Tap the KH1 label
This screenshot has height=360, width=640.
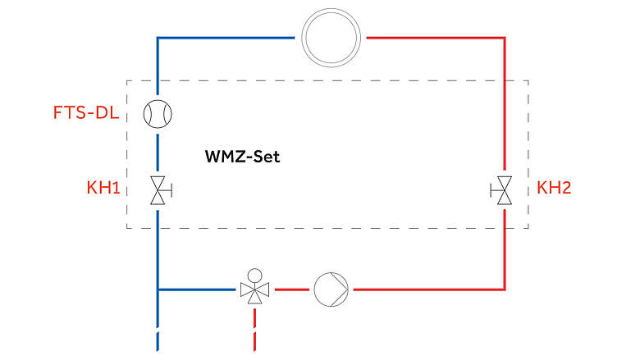pyautogui.click(x=104, y=189)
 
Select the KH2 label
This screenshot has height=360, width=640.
pyautogui.click(x=554, y=189)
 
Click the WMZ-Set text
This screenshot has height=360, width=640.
pyautogui.click(x=242, y=156)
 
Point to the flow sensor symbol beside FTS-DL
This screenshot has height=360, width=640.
pyautogui.click(x=157, y=113)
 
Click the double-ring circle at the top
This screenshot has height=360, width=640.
pyautogui.click(x=331, y=38)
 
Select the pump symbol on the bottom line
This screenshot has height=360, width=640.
pyautogui.click(x=331, y=289)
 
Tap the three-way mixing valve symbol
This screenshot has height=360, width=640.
pyautogui.click(x=255, y=289)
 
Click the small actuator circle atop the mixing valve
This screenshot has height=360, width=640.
pyautogui.click(x=255, y=275)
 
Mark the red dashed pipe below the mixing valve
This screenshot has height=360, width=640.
pyautogui.click(x=255, y=332)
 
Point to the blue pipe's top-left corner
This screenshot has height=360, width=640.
pyautogui.click(x=157, y=39)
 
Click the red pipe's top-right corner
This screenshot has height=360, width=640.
pyautogui.click(x=503, y=39)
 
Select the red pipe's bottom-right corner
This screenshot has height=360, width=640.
pyautogui.click(x=503, y=289)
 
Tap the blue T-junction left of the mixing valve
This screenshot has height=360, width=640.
pyautogui.click(x=157, y=289)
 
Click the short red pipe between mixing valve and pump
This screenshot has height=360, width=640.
pyautogui.click(x=290, y=289)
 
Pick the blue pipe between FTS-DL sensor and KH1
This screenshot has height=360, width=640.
pyautogui.click(x=157, y=152)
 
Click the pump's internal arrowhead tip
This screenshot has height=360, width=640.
pyautogui.click(x=347, y=289)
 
